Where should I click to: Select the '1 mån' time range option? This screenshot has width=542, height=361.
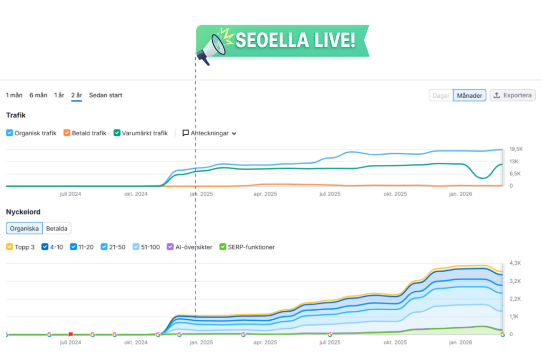coord(14,95)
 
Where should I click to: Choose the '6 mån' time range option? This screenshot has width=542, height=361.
coord(38,95)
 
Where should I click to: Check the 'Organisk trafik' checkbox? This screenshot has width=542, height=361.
coord(10,133)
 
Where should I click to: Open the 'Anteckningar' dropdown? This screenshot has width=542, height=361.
coord(210,133)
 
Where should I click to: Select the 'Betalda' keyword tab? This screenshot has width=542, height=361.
coord(57,228)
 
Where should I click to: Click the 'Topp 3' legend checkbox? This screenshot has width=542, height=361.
coord(10,247)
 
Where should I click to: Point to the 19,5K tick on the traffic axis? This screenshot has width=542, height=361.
coord(516,149)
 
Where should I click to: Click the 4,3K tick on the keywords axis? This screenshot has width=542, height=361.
coord(516,263)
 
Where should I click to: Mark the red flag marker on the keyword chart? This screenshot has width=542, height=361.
coord(70,334)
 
